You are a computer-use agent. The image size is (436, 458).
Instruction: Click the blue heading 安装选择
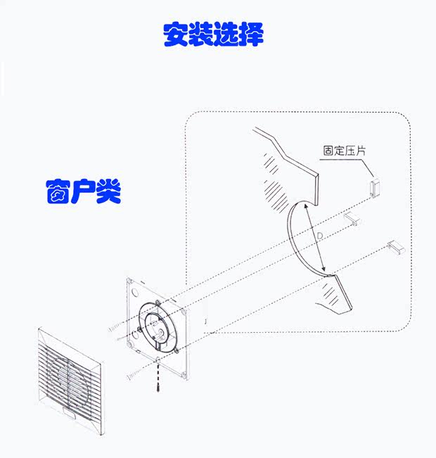(213, 34)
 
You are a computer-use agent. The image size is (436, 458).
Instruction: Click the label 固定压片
(344, 150)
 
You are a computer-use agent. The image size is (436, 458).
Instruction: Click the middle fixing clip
(352, 220)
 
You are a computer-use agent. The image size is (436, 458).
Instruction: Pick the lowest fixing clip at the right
(396, 247)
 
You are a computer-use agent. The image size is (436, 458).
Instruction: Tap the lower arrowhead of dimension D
(325, 269)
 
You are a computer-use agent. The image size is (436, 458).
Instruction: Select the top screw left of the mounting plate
(114, 328)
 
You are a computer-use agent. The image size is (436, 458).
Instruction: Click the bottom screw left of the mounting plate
(132, 377)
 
